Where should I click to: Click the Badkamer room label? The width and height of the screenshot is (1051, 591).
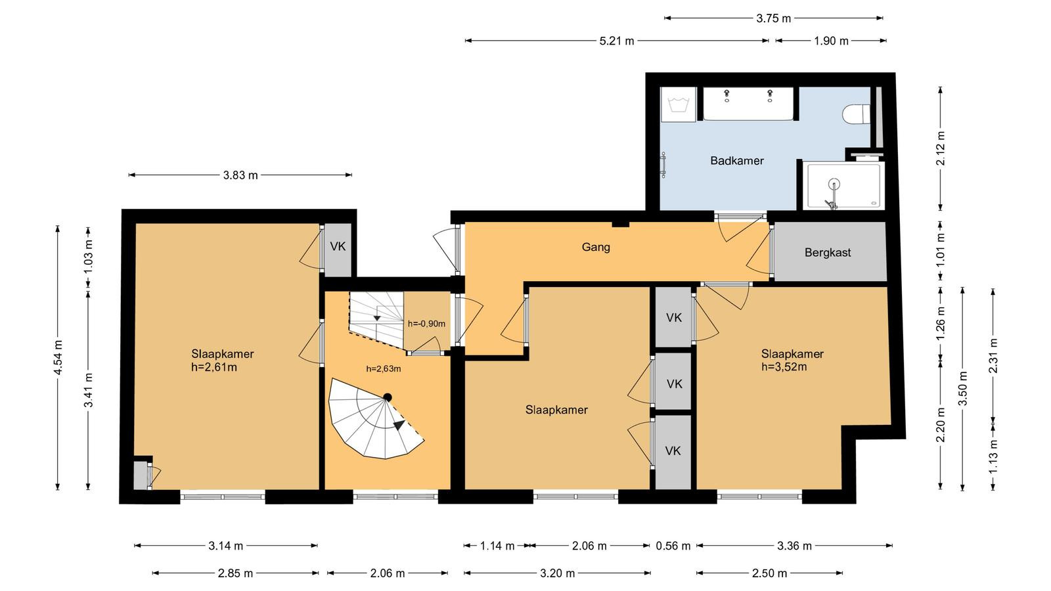[x=736, y=161]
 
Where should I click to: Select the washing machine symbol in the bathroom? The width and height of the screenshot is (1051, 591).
[x=678, y=104]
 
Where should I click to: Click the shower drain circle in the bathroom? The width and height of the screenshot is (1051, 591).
[x=834, y=184]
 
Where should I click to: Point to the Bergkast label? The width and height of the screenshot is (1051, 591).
[x=828, y=253]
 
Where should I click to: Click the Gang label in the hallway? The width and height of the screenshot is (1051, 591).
[x=596, y=247]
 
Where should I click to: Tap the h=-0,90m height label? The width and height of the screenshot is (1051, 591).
[x=426, y=324]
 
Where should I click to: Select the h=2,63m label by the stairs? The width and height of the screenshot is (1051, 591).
[x=384, y=368]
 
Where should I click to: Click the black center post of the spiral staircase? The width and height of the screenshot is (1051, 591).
[x=388, y=397]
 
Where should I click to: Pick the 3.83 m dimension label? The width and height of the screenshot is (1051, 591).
[x=240, y=175]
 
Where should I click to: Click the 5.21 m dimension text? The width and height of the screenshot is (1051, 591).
[x=617, y=41]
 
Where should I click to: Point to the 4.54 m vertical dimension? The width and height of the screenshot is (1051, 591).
[x=58, y=357]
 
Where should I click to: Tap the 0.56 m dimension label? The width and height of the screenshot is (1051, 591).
[x=673, y=546]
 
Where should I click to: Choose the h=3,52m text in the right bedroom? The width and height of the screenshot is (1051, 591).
[x=784, y=367]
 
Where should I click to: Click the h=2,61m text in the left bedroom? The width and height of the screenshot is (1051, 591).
[x=214, y=367]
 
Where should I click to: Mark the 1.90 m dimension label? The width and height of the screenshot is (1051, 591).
[x=831, y=41]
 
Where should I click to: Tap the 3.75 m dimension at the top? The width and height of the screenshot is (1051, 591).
[x=773, y=19]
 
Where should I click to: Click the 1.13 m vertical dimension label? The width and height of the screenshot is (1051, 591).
[x=993, y=457]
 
